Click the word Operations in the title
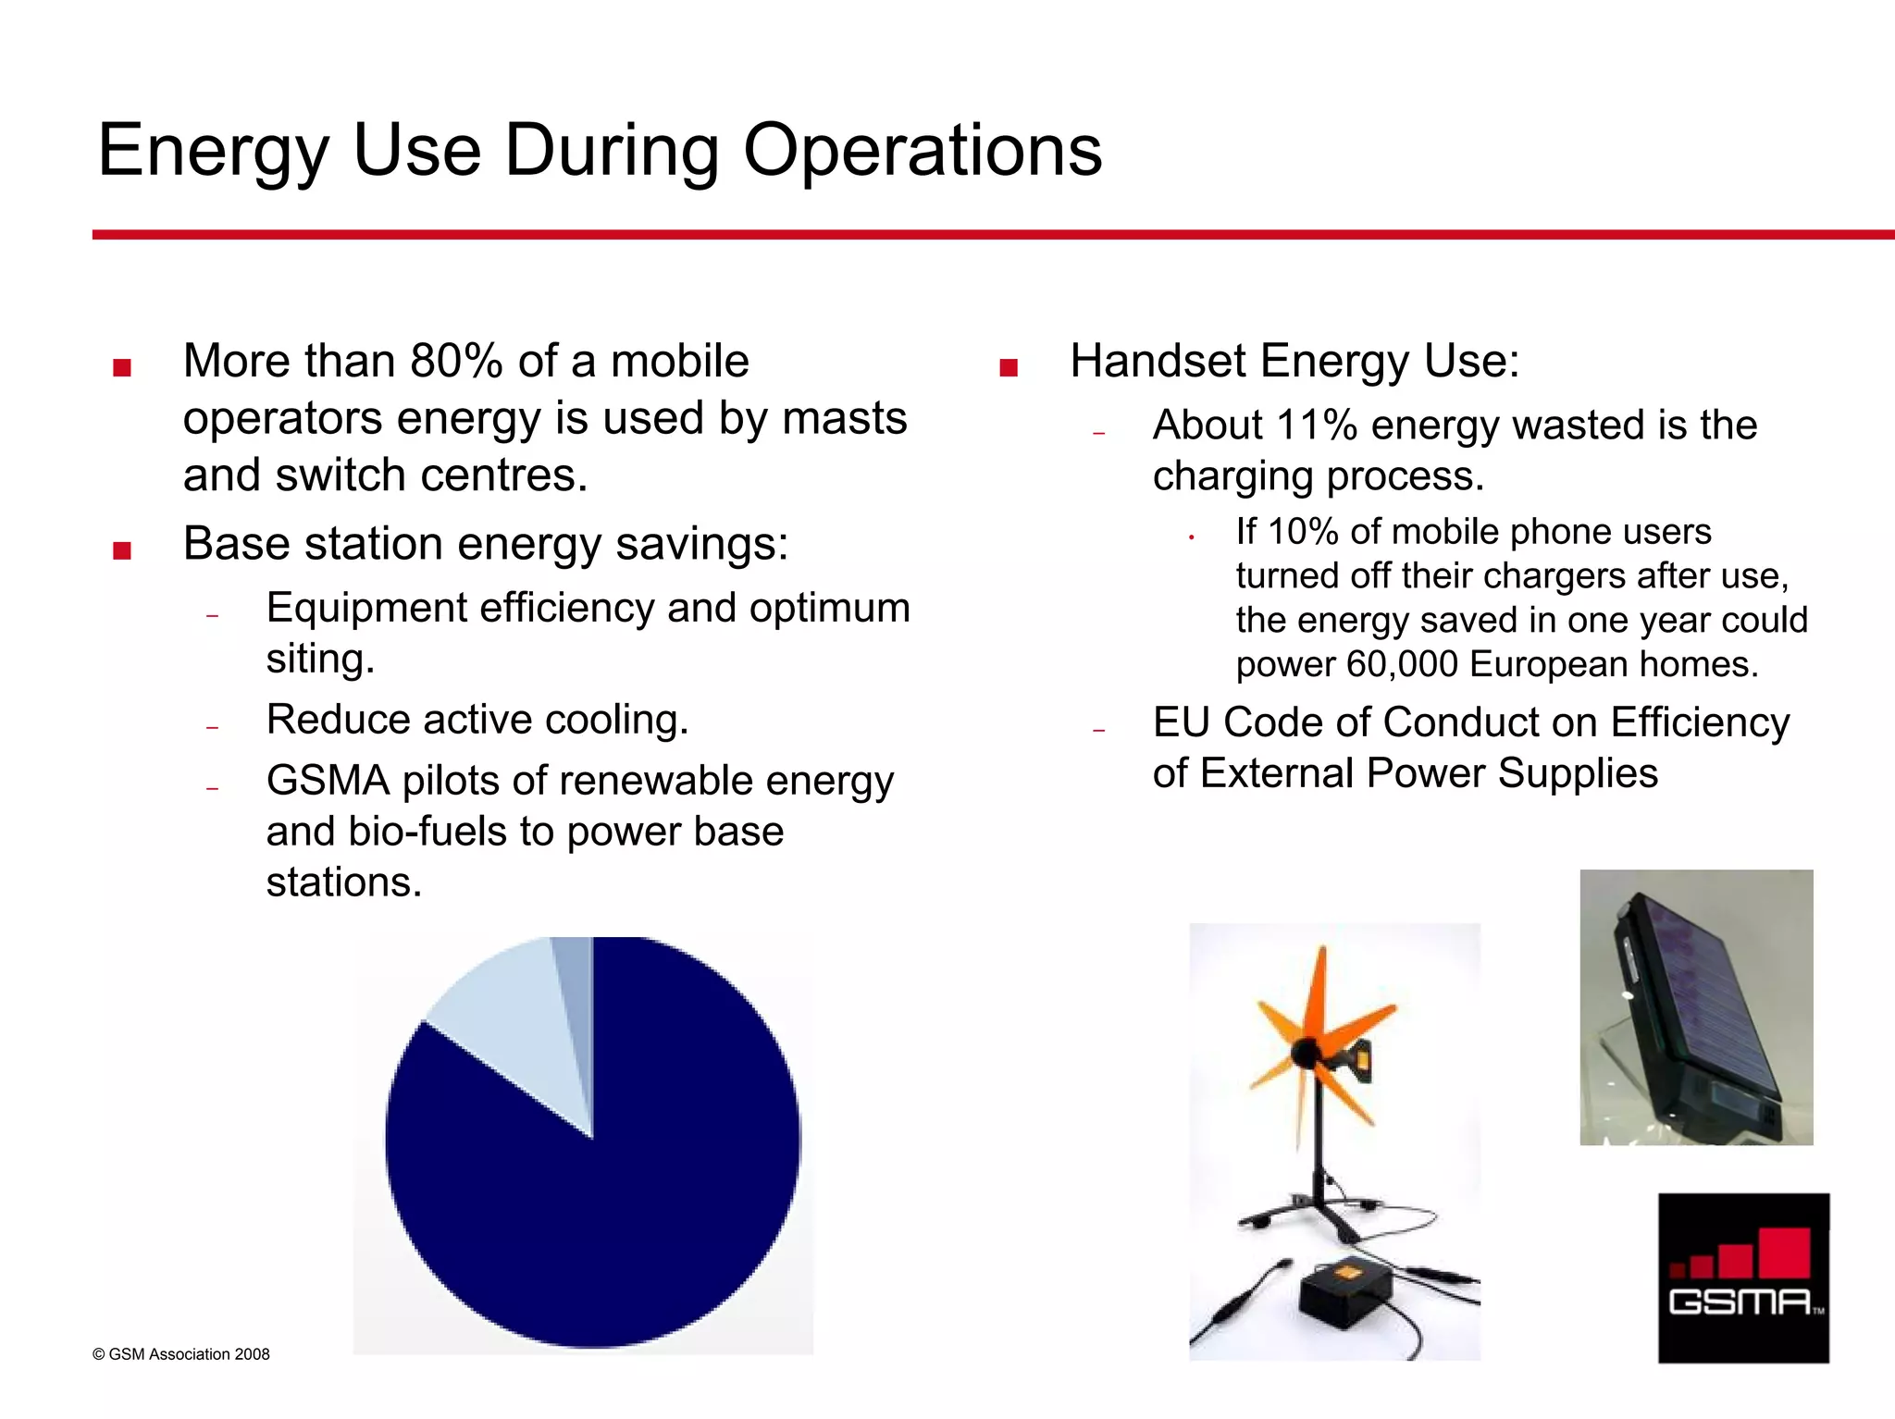pyautogui.click(x=922, y=150)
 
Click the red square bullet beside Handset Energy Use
pyautogui.click(x=1009, y=368)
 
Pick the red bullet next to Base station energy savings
pyautogui.click(x=121, y=550)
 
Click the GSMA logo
pyautogui.click(x=1743, y=1277)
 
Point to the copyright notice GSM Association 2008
pyautogui.click(x=181, y=1354)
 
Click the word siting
pyautogui.click(x=319, y=660)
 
